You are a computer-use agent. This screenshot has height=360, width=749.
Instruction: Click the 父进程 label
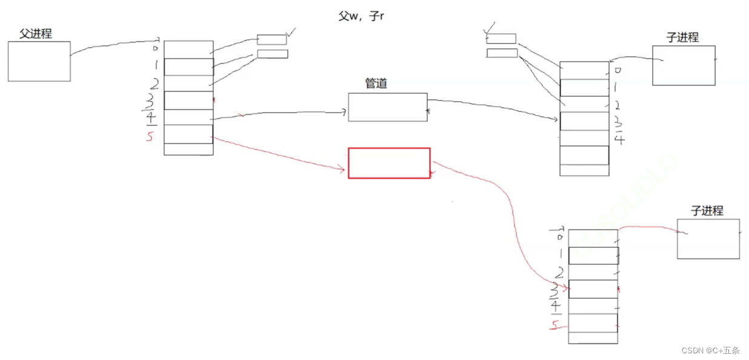[x=36, y=34]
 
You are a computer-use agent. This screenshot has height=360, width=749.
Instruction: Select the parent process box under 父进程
[x=39, y=61]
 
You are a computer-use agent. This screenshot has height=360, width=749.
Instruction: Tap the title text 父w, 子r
[x=361, y=16]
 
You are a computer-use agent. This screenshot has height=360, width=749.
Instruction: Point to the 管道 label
[x=376, y=84]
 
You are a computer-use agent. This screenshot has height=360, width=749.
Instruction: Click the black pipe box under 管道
[x=387, y=107]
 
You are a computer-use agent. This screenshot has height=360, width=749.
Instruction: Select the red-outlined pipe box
[x=389, y=163]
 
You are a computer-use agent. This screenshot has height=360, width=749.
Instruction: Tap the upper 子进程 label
[x=682, y=38]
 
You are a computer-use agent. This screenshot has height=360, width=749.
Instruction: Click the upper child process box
[x=684, y=65]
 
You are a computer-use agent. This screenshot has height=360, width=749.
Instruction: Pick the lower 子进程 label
[x=707, y=211]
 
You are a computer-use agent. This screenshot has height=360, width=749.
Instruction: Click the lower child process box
[x=708, y=239]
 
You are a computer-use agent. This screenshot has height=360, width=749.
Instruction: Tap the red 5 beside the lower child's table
[x=554, y=326]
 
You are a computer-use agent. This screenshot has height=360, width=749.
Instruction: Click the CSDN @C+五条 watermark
[x=710, y=350]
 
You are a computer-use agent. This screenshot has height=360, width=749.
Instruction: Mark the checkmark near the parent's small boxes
[x=292, y=32]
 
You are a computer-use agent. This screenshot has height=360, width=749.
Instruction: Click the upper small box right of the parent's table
[x=271, y=40]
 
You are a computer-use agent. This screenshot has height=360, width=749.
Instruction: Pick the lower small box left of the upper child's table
[x=502, y=53]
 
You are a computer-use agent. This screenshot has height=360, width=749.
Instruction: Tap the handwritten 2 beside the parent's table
[x=155, y=84]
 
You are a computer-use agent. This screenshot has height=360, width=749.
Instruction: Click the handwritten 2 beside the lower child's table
[x=560, y=273]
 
